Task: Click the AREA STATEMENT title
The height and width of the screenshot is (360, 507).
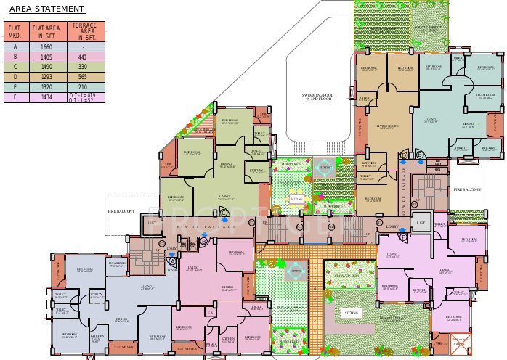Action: click(x=46, y=9)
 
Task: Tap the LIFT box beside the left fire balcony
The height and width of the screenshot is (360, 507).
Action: click(x=152, y=224)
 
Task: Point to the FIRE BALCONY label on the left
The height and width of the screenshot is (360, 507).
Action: click(x=122, y=211)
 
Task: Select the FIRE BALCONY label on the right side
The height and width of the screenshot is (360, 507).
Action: click(x=468, y=189)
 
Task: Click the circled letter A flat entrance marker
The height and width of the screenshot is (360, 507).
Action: click(x=172, y=262)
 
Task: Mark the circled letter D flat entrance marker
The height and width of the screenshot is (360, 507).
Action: click(x=403, y=154)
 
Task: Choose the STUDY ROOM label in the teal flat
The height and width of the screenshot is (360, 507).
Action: click(x=485, y=95)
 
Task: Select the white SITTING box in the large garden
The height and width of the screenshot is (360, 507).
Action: click(x=352, y=314)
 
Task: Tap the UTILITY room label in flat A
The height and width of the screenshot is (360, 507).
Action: click(x=97, y=295)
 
